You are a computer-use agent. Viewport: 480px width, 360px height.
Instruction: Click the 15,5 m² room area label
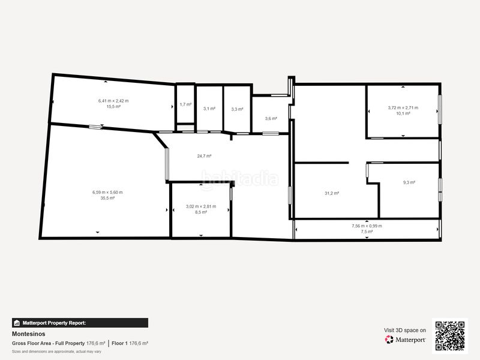pyautogui.click(x=113, y=107)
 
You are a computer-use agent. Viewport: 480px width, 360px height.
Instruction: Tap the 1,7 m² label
pyautogui.click(x=185, y=104)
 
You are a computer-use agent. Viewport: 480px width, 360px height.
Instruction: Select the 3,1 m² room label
pyautogui.click(x=209, y=109)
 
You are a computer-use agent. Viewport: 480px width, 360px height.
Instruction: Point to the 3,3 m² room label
pyautogui.click(x=237, y=109)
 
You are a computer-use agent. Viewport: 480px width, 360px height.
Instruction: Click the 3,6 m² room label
pyautogui.click(x=271, y=118)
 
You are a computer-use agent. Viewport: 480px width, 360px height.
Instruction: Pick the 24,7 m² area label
pyautogui.click(x=204, y=156)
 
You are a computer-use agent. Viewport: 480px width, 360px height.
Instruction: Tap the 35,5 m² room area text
pyautogui.click(x=107, y=198)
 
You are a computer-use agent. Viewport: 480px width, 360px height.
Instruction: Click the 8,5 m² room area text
pyautogui.click(x=201, y=212)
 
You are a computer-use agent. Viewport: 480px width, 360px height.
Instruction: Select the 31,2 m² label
pyautogui.click(x=332, y=193)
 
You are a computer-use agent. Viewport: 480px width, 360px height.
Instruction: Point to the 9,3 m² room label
pyautogui.click(x=409, y=182)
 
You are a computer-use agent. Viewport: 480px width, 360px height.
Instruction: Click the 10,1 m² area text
pyautogui.click(x=403, y=113)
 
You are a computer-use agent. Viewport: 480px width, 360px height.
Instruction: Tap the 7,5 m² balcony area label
pyautogui.click(x=367, y=232)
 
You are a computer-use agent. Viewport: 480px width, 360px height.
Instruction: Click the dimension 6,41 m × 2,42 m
pyautogui.click(x=113, y=101)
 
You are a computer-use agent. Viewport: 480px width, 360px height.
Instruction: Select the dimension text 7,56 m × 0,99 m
pyautogui.click(x=367, y=226)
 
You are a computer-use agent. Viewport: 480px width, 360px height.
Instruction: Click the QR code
pyautogui.click(x=450, y=336)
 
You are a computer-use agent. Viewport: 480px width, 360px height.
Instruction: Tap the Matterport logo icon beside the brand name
pyautogui.click(x=389, y=340)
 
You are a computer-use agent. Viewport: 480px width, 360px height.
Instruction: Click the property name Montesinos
pyautogui.click(x=28, y=334)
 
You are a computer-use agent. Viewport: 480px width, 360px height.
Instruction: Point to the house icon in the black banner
pyautogui.click(x=17, y=323)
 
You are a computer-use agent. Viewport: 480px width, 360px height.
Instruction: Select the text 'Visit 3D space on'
pyautogui.click(x=404, y=331)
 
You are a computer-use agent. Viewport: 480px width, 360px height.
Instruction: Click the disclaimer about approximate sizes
pyautogui.click(x=56, y=352)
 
